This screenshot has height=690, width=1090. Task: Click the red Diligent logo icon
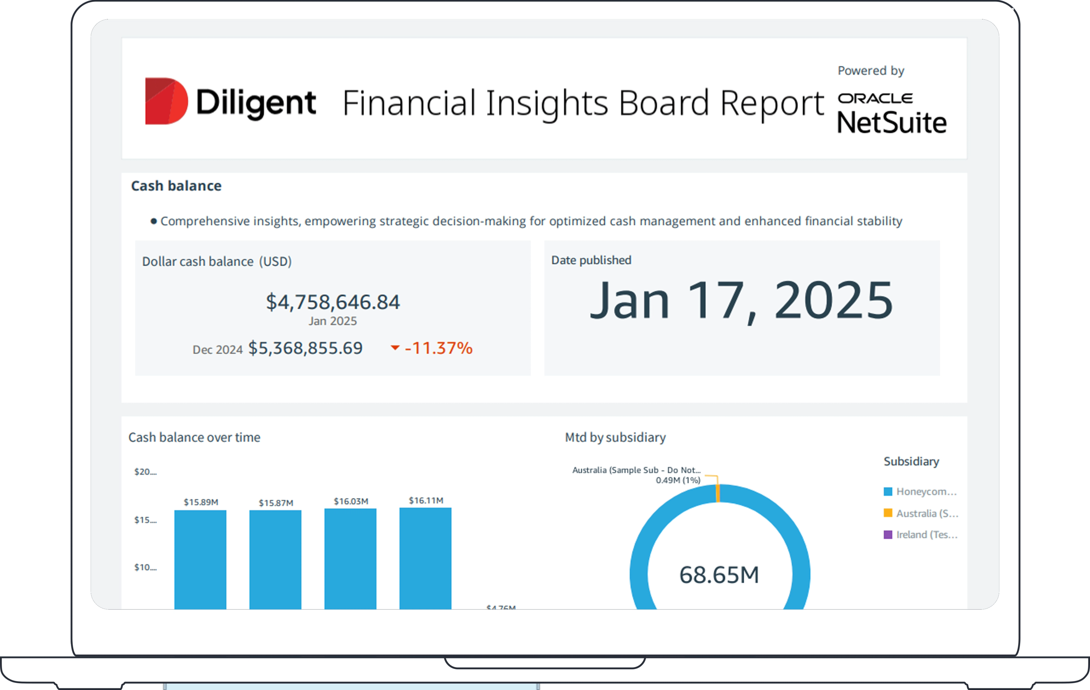point(166,101)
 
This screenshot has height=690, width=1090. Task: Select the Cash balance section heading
point(176,186)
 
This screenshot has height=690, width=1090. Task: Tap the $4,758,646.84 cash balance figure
point(333,302)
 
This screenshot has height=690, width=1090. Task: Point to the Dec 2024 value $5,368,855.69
point(305,348)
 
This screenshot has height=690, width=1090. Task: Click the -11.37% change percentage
point(438,348)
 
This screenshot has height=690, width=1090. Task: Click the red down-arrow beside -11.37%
point(395,348)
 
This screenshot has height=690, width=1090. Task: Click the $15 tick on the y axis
point(145,520)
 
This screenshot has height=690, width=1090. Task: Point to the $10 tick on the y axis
point(145,567)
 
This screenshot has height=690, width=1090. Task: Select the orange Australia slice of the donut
point(718,493)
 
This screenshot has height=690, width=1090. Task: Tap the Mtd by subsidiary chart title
point(615,437)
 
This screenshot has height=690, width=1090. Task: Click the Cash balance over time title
point(194,437)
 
